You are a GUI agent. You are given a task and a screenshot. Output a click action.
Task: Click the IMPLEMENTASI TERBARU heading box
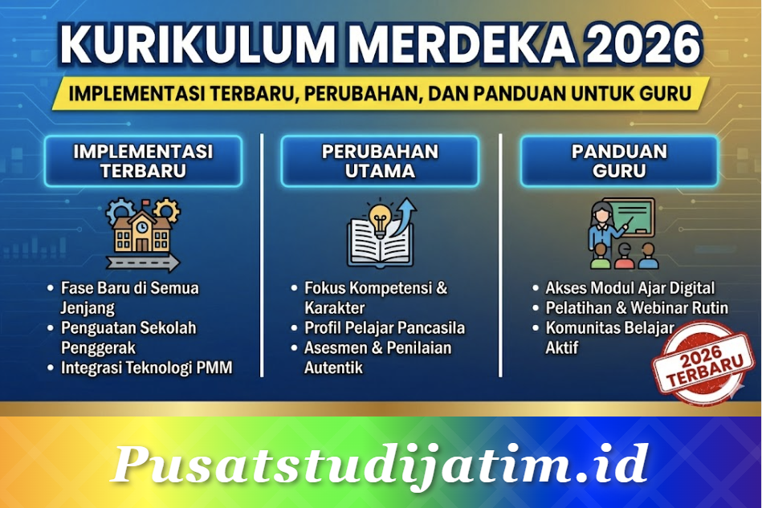143,161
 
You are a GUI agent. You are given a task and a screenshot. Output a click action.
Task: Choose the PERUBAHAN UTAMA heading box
380,161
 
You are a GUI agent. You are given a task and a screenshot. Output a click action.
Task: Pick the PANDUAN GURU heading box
619,161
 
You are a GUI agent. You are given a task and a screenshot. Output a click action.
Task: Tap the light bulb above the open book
379,215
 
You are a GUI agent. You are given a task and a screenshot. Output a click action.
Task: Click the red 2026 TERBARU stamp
691,361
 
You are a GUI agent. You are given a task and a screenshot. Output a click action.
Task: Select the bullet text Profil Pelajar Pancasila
385,327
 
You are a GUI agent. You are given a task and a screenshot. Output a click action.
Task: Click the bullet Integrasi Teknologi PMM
146,368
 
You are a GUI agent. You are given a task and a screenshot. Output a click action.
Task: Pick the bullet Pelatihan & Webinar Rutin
637,307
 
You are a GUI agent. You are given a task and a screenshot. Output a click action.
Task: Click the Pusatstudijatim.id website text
380,463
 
